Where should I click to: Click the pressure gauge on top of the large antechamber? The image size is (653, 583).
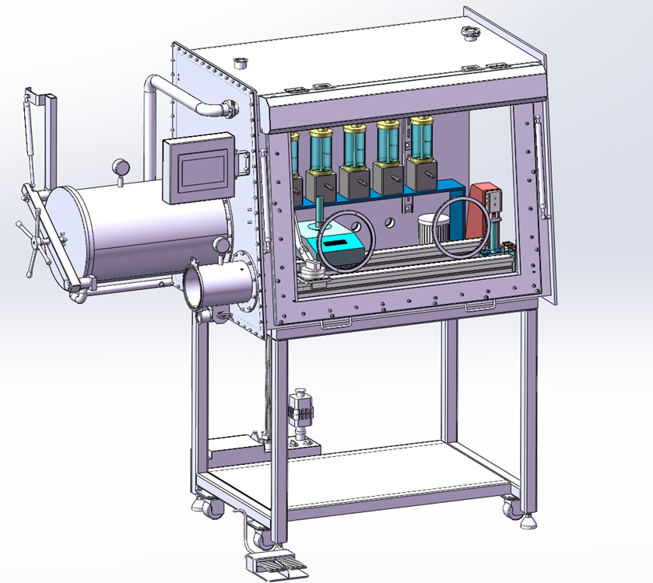121,166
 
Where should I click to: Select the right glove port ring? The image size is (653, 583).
463,226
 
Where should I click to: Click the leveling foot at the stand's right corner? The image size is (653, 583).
528,521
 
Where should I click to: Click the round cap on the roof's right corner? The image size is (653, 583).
470,33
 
